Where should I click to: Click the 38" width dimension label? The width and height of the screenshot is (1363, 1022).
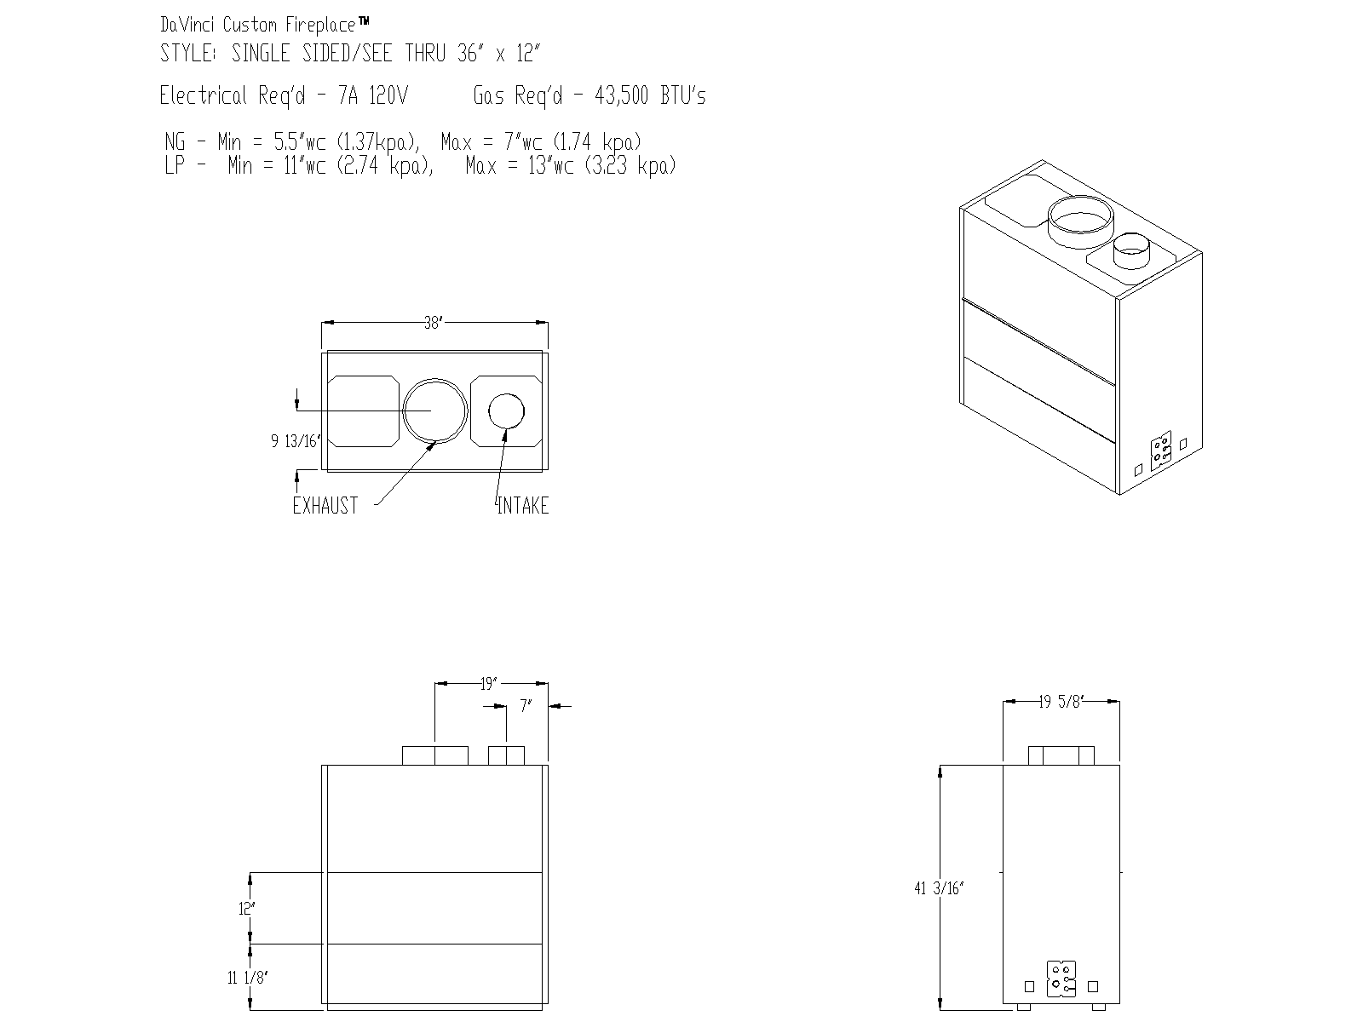(x=434, y=323)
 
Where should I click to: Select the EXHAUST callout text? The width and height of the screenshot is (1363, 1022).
(x=325, y=506)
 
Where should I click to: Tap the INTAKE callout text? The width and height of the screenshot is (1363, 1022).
(x=523, y=506)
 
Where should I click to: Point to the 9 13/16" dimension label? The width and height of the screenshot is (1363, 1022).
(x=295, y=441)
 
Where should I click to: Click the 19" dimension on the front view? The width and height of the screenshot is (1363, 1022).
(x=488, y=683)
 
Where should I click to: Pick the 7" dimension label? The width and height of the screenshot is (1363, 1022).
(x=526, y=706)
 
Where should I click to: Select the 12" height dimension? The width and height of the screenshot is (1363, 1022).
(x=247, y=909)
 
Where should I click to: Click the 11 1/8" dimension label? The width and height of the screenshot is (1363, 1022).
(x=247, y=978)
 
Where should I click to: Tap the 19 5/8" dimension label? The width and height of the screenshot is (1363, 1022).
(x=1061, y=702)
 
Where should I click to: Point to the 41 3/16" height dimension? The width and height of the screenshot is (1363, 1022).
(x=938, y=888)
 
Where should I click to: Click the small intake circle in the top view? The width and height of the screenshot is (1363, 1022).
(x=506, y=411)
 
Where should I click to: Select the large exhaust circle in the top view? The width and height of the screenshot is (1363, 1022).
(x=435, y=410)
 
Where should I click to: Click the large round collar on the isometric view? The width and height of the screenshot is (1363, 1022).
(x=1079, y=218)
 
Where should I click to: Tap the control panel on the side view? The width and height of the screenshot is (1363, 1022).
(x=1061, y=979)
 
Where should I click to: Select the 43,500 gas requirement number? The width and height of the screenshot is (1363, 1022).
(x=624, y=95)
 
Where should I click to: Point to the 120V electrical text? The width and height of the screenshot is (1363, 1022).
(x=388, y=95)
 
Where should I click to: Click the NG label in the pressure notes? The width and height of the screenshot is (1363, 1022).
(x=175, y=141)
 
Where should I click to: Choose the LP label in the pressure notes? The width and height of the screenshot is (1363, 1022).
(x=175, y=165)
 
